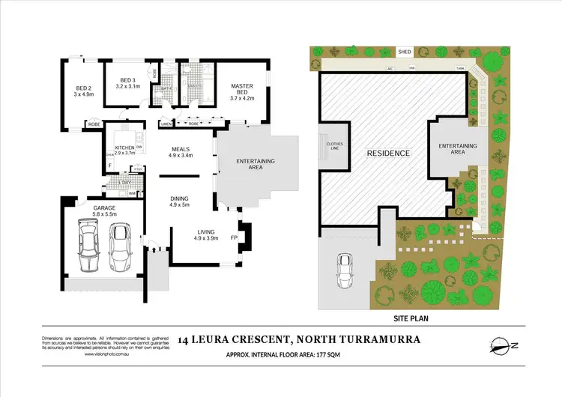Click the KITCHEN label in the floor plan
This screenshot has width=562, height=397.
(x=124, y=148)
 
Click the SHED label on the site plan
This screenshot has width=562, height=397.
(x=405, y=52)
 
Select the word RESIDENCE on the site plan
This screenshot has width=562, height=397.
(x=388, y=154)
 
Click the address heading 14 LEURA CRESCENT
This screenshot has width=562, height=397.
(x=233, y=339)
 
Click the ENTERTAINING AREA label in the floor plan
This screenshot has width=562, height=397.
(x=256, y=165)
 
